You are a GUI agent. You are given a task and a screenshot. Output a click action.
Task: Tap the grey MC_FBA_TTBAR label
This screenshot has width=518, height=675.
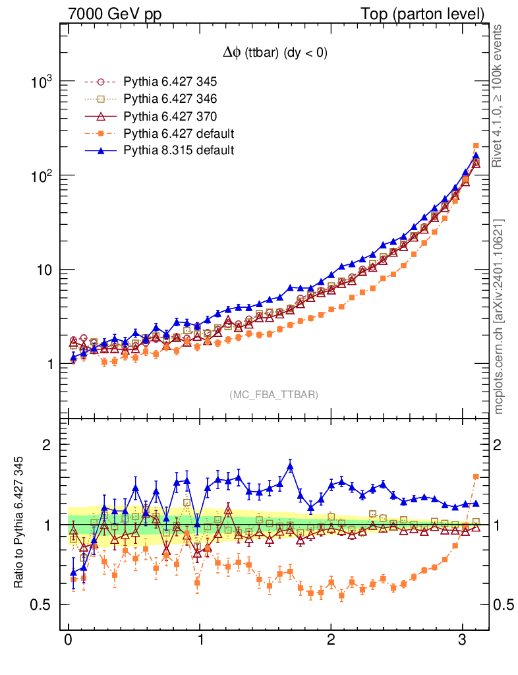pyautogui.click(x=274, y=394)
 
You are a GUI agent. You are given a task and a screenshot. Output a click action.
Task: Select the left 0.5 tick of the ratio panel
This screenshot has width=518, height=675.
pyautogui.click(x=43, y=604)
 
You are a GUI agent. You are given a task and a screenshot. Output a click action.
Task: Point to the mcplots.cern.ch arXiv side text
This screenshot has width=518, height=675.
pyautogui.click(x=500, y=316)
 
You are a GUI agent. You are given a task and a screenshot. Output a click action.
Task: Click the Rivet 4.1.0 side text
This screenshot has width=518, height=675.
pyautogui.click(x=500, y=96)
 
